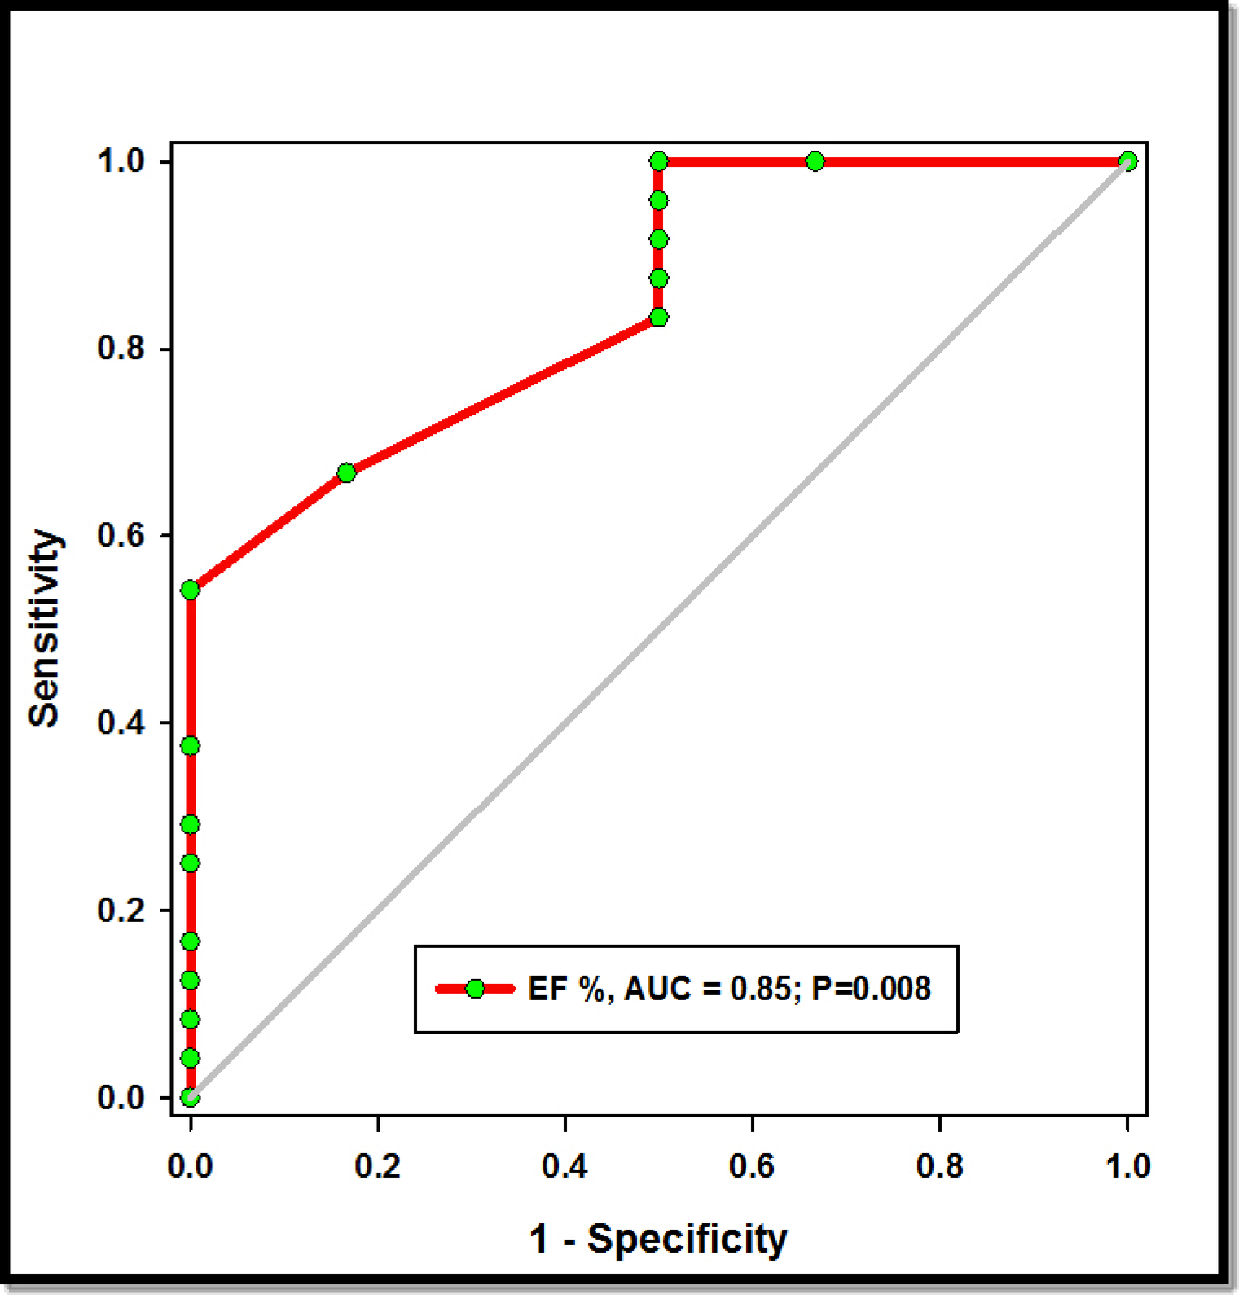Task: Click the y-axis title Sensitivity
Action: point(44,628)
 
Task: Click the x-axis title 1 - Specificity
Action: point(658,1240)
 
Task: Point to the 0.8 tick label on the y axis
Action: point(121,349)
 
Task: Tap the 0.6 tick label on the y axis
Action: point(121,536)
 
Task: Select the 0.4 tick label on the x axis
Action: point(565,1166)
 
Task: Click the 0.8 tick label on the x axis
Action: point(939,1166)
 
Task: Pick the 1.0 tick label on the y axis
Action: point(121,161)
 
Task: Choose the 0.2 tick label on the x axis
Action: point(377,1166)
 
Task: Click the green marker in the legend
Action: point(475,990)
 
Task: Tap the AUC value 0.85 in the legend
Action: point(760,990)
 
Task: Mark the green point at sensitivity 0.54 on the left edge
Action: point(190,590)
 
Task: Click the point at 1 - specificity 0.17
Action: point(346,473)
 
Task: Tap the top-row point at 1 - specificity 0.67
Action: point(815,161)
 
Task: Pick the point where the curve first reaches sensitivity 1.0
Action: point(659,161)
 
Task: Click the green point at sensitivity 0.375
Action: point(190,746)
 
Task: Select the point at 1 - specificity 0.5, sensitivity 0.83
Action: point(659,317)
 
